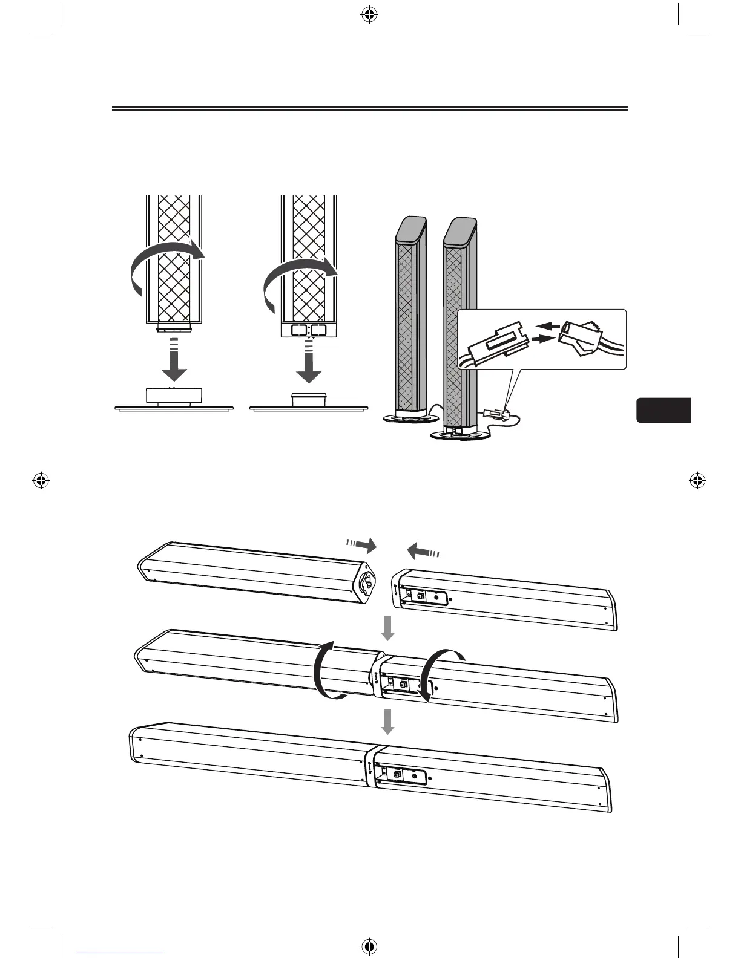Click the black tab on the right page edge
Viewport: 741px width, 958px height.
tap(664, 410)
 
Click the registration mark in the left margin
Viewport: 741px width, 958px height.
tap(41, 481)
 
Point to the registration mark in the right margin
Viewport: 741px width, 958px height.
tap(698, 481)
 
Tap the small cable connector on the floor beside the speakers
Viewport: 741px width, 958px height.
tap(498, 414)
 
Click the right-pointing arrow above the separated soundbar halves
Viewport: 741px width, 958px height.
tap(362, 546)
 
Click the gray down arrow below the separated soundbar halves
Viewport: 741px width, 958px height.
tap(388, 628)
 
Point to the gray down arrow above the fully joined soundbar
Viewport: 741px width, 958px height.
tap(388, 721)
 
